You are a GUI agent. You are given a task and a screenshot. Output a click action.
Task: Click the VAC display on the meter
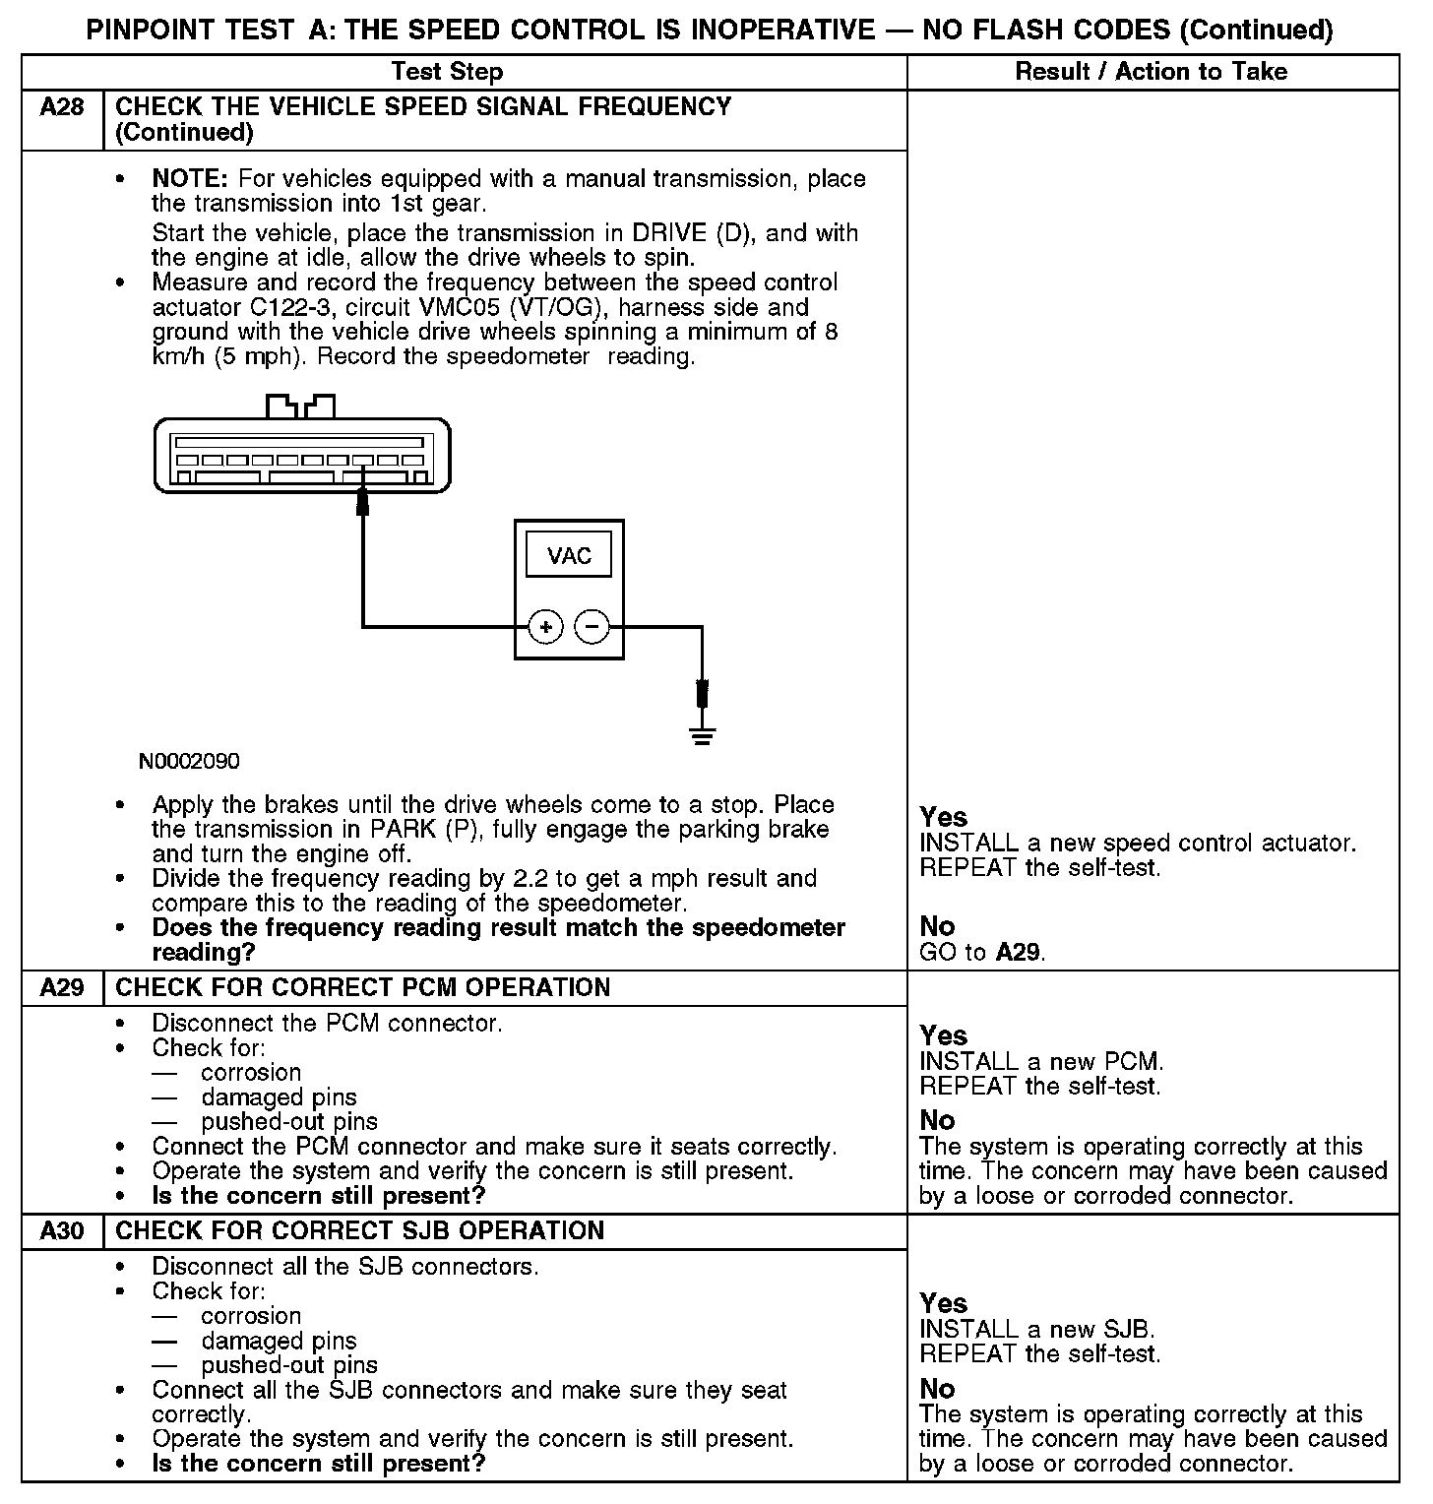569,556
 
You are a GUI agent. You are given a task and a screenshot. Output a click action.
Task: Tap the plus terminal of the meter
545,626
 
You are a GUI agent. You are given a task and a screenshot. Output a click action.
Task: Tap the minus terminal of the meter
592,626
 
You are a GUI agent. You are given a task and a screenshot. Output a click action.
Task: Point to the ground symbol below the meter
702,734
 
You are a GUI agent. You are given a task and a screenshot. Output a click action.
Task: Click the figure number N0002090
189,761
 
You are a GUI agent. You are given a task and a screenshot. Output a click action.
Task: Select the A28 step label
62,107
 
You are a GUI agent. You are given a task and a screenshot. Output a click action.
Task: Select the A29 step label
62,987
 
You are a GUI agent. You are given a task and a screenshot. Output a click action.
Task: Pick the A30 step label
62,1230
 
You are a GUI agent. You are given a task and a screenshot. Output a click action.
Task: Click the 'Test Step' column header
447,72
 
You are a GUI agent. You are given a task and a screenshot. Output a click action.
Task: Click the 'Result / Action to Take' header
1151,72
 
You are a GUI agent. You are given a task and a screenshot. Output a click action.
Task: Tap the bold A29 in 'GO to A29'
1019,952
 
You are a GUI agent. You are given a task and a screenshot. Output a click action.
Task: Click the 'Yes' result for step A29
943,1035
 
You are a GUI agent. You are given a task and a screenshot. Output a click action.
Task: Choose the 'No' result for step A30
937,1389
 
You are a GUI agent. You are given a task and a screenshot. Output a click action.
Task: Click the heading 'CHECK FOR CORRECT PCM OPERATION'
363,987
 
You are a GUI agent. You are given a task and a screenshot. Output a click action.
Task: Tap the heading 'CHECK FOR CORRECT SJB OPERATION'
360,1230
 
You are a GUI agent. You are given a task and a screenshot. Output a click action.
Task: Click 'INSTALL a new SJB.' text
1037,1330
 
